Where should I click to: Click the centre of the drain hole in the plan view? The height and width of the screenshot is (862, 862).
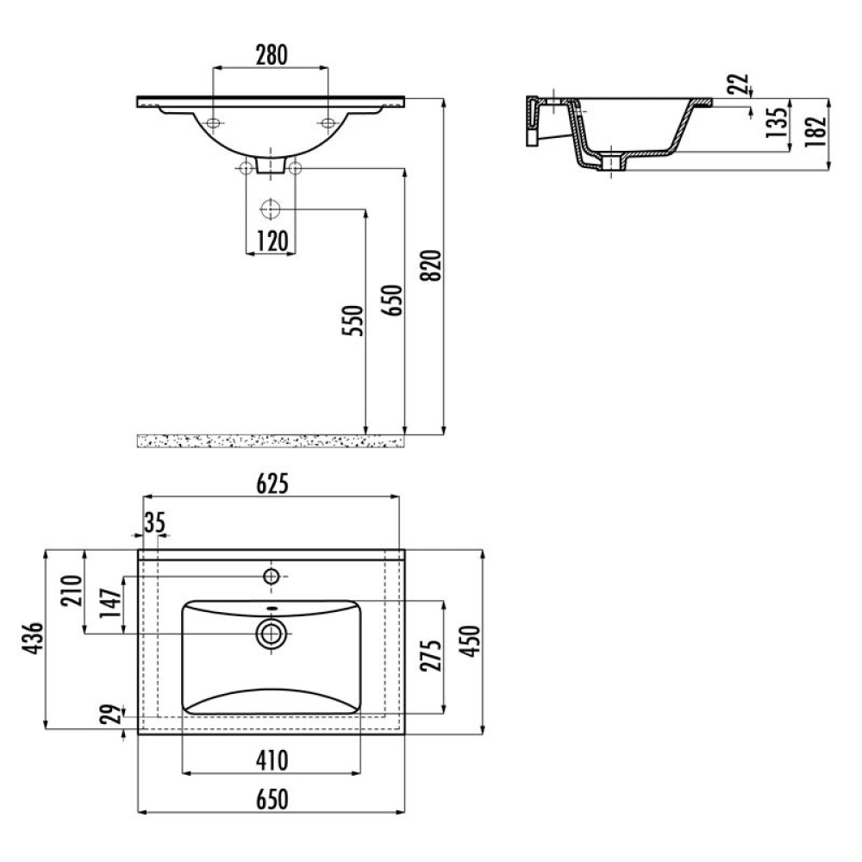coord(271,634)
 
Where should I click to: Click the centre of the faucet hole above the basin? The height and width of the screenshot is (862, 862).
coord(271,576)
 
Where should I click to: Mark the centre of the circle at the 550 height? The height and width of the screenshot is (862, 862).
coord(271,209)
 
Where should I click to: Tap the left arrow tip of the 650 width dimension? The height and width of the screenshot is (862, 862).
coord(138,811)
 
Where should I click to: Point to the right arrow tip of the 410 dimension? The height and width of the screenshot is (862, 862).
coord(360,773)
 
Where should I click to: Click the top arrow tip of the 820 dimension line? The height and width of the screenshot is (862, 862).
coord(443,98)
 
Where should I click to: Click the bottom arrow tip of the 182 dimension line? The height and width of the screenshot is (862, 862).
coord(828,171)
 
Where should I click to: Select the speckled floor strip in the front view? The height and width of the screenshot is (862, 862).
coord(271,440)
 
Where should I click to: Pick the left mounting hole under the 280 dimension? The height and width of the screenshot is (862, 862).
coord(213,122)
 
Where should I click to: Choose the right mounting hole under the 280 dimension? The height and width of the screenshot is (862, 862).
coord(328,122)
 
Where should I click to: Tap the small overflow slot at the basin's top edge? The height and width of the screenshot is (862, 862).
coord(271,608)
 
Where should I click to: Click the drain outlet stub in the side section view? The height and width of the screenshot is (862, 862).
coord(611,162)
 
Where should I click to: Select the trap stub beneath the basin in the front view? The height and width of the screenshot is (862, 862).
coord(271,166)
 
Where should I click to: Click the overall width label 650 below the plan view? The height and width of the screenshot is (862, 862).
coord(272,799)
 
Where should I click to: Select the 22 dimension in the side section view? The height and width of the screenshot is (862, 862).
coord(740,84)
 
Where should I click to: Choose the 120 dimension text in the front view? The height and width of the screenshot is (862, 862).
coord(272,240)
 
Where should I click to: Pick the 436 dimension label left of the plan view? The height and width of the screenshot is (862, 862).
coord(32,638)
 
